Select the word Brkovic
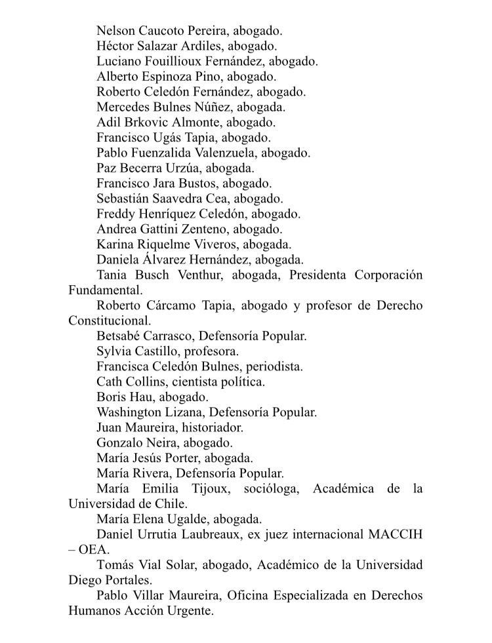pos(145,122)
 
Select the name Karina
pos(115,244)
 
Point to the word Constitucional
pos(110,321)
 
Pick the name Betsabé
pos(120,336)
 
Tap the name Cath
pos(109,381)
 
